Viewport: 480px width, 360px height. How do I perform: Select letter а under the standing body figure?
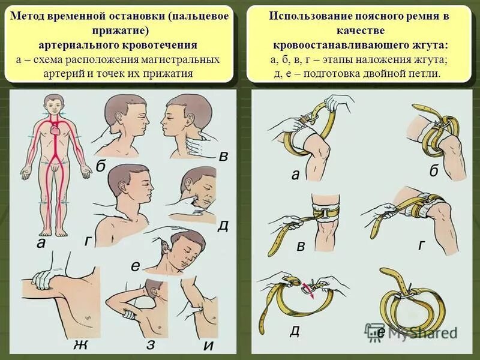(41, 243)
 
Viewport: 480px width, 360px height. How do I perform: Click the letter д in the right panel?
(294, 331)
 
